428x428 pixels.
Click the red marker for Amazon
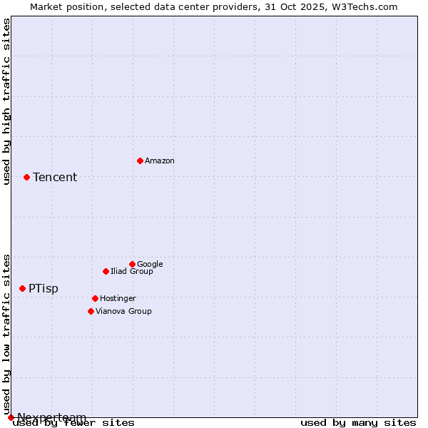coord(140,160)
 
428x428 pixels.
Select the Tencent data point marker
coord(26,177)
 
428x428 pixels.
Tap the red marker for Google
coord(132,264)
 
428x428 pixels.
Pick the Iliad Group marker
coord(106,271)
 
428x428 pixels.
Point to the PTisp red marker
coord(22,288)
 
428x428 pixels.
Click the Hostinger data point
coord(95,298)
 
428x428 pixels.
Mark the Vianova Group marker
coord(91,311)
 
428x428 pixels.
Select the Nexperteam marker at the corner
coord(11,417)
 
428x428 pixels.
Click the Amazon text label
coord(160,161)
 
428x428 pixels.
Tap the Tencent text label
coord(55,178)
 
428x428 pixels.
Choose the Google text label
coord(150,265)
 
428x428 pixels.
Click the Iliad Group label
coord(132,272)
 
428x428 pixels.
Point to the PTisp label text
coord(44,289)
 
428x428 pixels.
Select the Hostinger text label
coord(118,299)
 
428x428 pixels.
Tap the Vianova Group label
coord(123,312)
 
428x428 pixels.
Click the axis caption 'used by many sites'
coord(358,423)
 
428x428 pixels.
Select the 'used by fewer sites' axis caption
coord(73,423)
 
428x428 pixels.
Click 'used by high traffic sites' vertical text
coord(6,101)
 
